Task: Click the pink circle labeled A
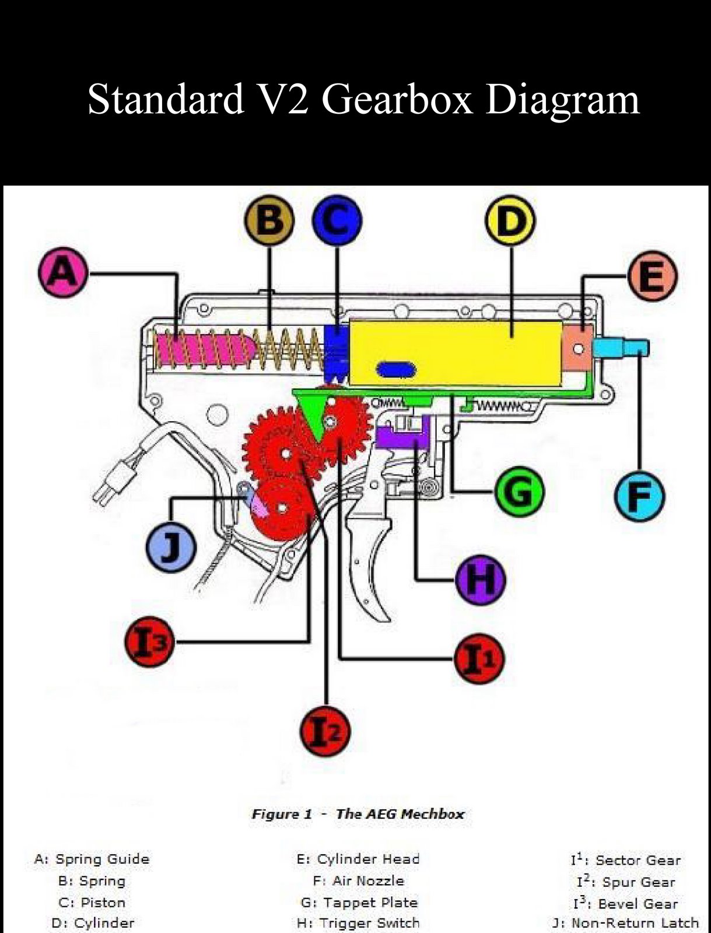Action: click(62, 272)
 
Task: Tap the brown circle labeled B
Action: click(269, 220)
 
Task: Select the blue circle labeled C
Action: click(337, 220)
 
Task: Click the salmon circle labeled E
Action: click(652, 276)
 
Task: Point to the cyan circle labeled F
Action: click(639, 496)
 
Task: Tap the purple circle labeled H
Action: click(481, 579)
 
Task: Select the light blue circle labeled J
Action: click(170, 546)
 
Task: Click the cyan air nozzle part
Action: click(619, 349)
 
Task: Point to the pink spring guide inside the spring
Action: click(204, 349)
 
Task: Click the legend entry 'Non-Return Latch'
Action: click(635, 923)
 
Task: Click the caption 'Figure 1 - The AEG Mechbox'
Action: click(358, 814)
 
